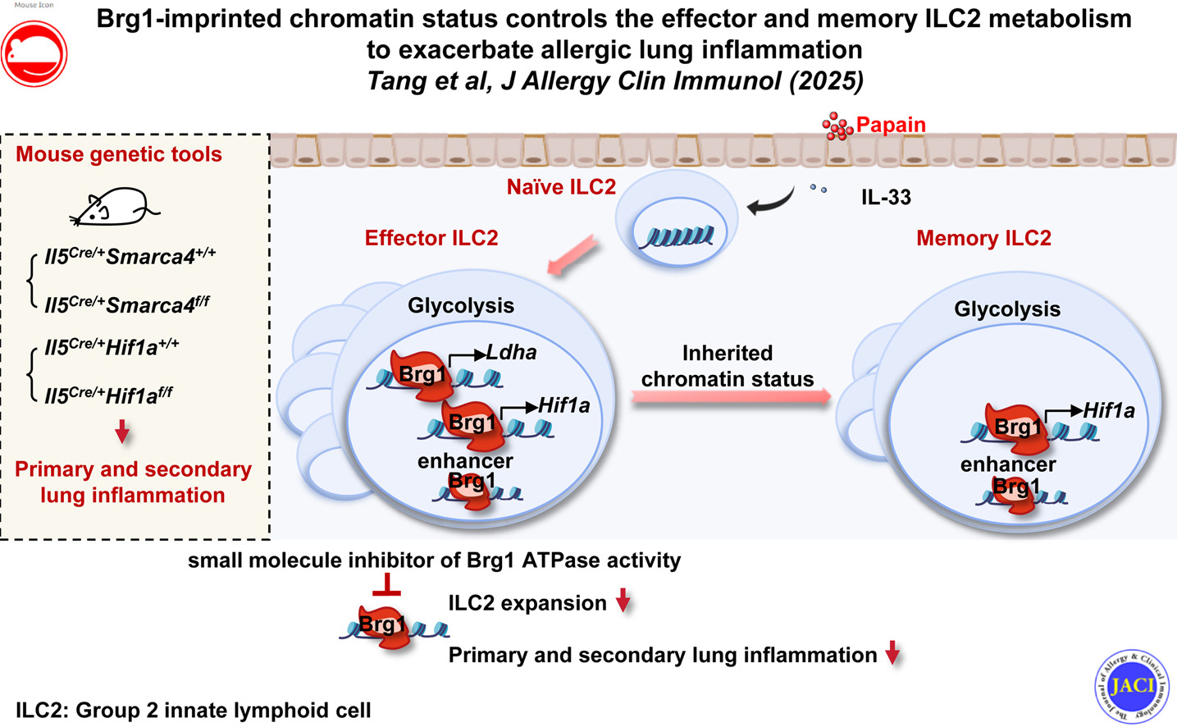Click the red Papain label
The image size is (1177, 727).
coord(891,125)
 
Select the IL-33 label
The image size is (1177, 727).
coord(886,197)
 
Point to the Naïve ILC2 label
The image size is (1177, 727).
coord(561,187)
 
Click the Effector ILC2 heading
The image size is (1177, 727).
coord(431,238)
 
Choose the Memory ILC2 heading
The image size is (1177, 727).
coord(983,238)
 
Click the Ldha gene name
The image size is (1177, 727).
coord(511,352)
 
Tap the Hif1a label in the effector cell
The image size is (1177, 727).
coord(564,405)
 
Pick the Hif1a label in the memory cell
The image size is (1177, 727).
coord(1109,410)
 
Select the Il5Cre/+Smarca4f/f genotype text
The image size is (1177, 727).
coord(127,304)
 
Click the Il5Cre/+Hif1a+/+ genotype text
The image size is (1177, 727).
coord(112,347)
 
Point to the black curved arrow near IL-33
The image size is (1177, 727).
coord(771,202)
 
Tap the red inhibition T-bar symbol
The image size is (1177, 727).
coord(386,586)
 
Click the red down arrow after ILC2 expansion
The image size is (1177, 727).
coord(623,601)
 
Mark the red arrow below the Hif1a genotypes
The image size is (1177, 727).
coord(122,431)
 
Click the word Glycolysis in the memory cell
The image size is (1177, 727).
coord(1007,309)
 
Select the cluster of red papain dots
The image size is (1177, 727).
coord(837,126)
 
